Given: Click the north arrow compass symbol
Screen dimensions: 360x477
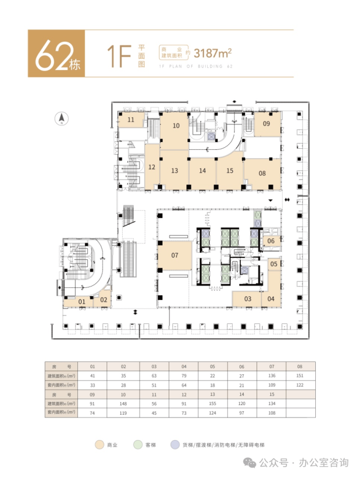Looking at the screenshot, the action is pyautogui.click(x=61, y=118).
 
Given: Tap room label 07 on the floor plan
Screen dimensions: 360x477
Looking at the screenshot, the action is pyautogui.click(x=175, y=255).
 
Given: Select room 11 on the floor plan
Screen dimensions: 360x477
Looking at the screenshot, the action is pyautogui.click(x=131, y=120).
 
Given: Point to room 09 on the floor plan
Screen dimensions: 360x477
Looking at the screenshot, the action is pyautogui.click(x=267, y=124).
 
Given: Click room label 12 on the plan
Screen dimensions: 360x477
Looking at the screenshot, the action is pyautogui.click(x=152, y=167).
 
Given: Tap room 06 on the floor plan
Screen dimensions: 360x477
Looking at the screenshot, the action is pyautogui.click(x=271, y=241).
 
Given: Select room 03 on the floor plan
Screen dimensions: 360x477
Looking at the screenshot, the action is pyautogui.click(x=247, y=299).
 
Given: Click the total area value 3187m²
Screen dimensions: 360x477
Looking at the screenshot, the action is pyautogui.click(x=213, y=53).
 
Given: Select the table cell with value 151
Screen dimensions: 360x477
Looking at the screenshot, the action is pyautogui.click(x=300, y=376).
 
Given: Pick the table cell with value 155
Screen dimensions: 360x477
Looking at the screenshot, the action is pyautogui.click(x=213, y=404).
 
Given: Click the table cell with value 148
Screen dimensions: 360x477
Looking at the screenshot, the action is pyautogui.click(x=123, y=404).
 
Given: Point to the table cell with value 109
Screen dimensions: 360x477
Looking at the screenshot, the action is pyautogui.click(x=272, y=385).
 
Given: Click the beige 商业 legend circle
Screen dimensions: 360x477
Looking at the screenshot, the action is pyautogui.click(x=100, y=445).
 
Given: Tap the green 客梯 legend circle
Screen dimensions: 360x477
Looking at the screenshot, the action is pyautogui.click(x=138, y=445).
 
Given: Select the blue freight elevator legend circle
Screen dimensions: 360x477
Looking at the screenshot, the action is pyautogui.click(x=175, y=445).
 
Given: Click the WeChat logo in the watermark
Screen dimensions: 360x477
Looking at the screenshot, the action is pyautogui.click(x=250, y=463).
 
